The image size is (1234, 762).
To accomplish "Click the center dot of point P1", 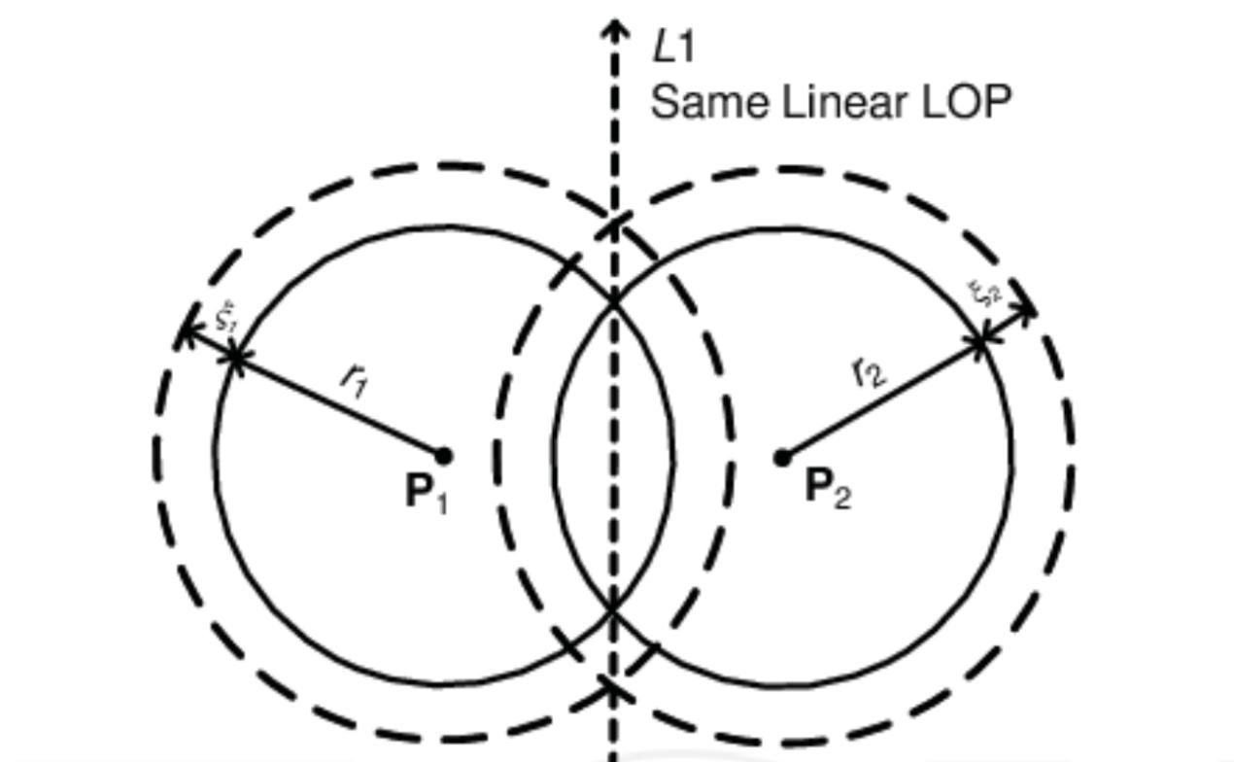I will (x=444, y=455).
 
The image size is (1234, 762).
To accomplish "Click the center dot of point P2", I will (x=782, y=457).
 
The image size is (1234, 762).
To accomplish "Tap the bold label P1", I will (x=426, y=493).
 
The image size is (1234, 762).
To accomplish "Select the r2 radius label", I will (x=868, y=371).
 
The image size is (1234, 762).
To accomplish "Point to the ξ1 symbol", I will (x=225, y=316).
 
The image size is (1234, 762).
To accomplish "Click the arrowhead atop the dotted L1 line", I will (x=614, y=27).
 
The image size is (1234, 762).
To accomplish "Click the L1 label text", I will (x=673, y=47).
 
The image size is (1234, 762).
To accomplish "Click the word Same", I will (x=696, y=102).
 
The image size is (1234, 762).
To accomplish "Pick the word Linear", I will (x=835, y=102).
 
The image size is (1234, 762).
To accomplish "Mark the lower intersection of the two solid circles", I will (x=614, y=609).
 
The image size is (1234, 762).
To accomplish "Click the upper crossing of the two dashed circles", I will (x=614, y=225).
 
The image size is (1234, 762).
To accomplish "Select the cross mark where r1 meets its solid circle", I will (x=234, y=358).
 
